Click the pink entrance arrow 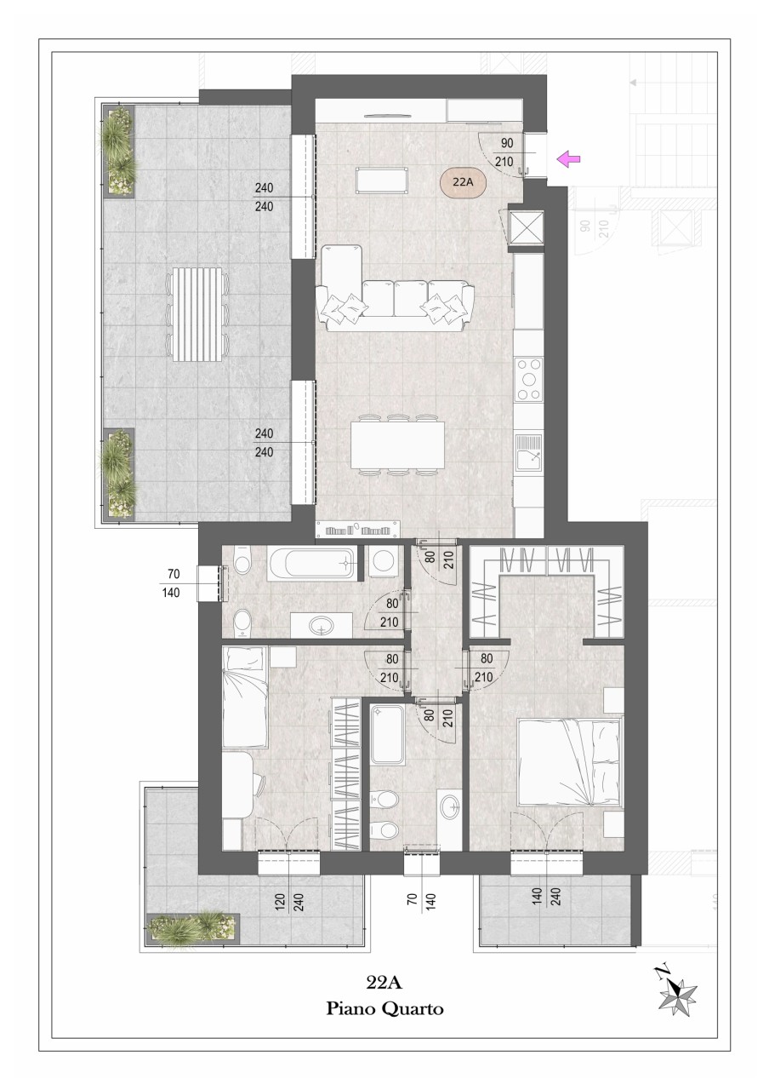point(568,158)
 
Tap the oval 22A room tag point(463,182)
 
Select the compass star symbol point(677,987)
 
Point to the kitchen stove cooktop point(529,379)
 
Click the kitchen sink point(529,452)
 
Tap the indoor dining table point(397,445)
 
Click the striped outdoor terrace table point(198,314)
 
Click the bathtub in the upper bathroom point(312,564)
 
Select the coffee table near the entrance point(381,180)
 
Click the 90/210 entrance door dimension point(506,152)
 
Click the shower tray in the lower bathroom point(386,735)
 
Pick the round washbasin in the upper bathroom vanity point(322,624)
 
